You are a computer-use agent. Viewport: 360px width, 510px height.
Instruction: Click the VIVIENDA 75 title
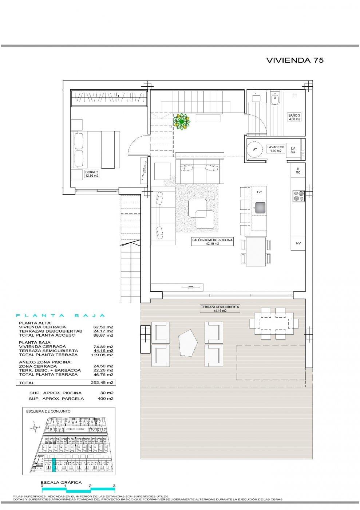pyautogui.click(x=294, y=60)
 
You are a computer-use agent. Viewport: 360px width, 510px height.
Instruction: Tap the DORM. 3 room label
pyautogui.click(x=92, y=173)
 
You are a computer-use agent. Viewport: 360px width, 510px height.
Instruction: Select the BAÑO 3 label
pyautogui.click(x=294, y=117)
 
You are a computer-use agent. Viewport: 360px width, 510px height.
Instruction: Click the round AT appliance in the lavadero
pyautogui.click(x=255, y=149)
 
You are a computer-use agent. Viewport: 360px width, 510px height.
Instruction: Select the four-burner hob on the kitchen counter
pyautogui.click(x=299, y=196)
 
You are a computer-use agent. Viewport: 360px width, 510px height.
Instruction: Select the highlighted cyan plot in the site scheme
pyautogui.click(x=54, y=465)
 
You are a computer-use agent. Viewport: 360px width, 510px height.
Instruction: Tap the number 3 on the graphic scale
pyautogui.click(x=114, y=486)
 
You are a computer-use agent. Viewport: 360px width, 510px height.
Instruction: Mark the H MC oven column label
pyautogui.click(x=298, y=170)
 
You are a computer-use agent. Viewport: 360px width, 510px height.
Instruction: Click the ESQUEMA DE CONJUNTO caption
pyautogui.click(x=48, y=411)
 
